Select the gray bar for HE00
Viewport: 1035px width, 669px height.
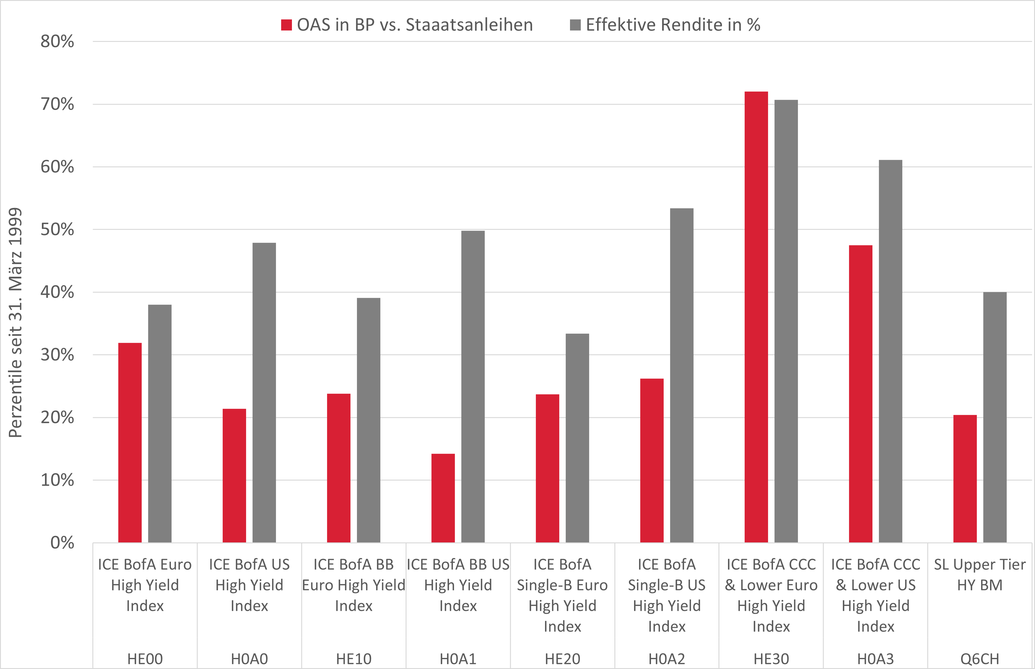click(160, 424)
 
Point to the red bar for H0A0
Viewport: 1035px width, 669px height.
click(234, 476)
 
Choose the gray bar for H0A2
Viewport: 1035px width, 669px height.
click(681, 375)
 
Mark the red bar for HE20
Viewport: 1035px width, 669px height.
click(547, 468)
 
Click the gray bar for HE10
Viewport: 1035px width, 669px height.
click(368, 420)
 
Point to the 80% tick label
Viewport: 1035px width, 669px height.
click(57, 42)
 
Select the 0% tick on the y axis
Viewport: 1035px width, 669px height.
click(62, 543)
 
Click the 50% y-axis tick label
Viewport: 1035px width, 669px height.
click(57, 229)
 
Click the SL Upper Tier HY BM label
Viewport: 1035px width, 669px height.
click(980, 575)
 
